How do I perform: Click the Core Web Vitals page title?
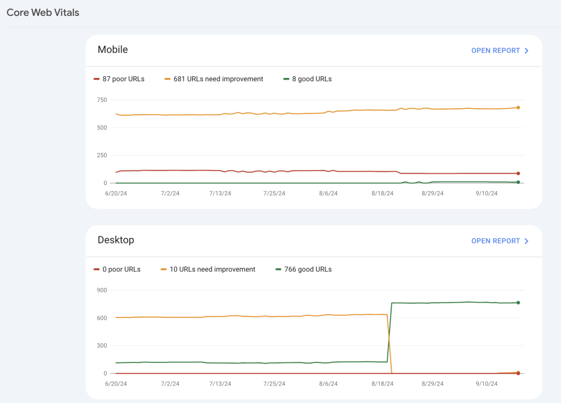click(43, 13)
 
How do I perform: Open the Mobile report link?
click(500, 50)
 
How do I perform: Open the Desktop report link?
click(500, 241)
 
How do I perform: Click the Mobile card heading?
click(112, 49)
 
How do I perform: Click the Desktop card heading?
click(116, 240)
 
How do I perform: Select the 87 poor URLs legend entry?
click(119, 79)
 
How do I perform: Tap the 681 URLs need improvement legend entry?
click(214, 79)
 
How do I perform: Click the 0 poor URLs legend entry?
click(117, 269)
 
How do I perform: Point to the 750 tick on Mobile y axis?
click(101, 100)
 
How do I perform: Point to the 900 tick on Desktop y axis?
click(101, 290)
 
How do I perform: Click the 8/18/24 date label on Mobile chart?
click(382, 194)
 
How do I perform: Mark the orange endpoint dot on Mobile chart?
click(518, 107)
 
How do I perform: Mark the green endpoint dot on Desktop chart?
click(518, 303)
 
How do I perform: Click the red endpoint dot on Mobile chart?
click(518, 173)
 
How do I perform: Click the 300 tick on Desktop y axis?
click(101, 346)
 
